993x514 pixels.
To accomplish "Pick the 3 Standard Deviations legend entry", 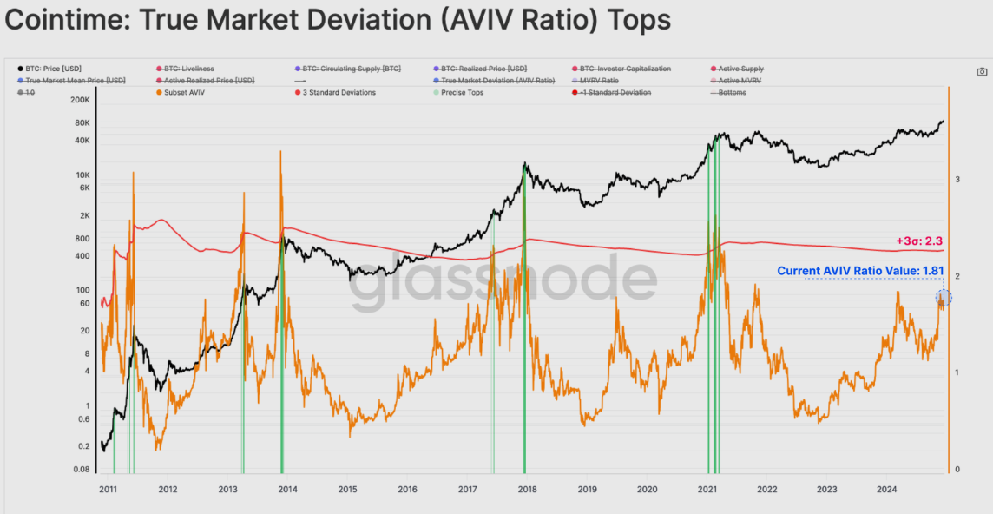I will pyautogui.click(x=339, y=92).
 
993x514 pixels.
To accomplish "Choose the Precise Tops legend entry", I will pyautogui.click(x=464, y=92).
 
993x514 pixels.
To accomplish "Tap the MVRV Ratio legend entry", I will pyautogui.click(x=600, y=80).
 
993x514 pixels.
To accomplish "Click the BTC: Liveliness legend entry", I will pyautogui.click(x=188, y=69).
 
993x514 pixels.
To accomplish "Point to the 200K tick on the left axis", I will pyautogui.click(x=78, y=100).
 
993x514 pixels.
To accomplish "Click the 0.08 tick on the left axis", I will pyautogui.click(x=80, y=470).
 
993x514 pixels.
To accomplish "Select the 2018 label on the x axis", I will pyautogui.click(x=527, y=490).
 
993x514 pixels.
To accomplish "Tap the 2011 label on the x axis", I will pyautogui.click(x=108, y=490).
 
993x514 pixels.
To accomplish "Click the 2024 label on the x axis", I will pyautogui.click(x=886, y=490).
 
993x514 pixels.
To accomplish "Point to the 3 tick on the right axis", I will pyautogui.click(x=957, y=180).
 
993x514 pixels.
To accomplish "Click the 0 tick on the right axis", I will pyautogui.click(x=957, y=470).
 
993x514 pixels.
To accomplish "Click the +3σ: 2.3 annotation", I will pyautogui.click(x=919, y=241).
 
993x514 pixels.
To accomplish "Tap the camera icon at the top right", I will pyautogui.click(x=982, y=72).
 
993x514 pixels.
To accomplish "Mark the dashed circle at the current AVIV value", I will pyautogui.click(x=944, y=298).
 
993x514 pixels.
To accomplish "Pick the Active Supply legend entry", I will pyautogui.click(x=740, y=69).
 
